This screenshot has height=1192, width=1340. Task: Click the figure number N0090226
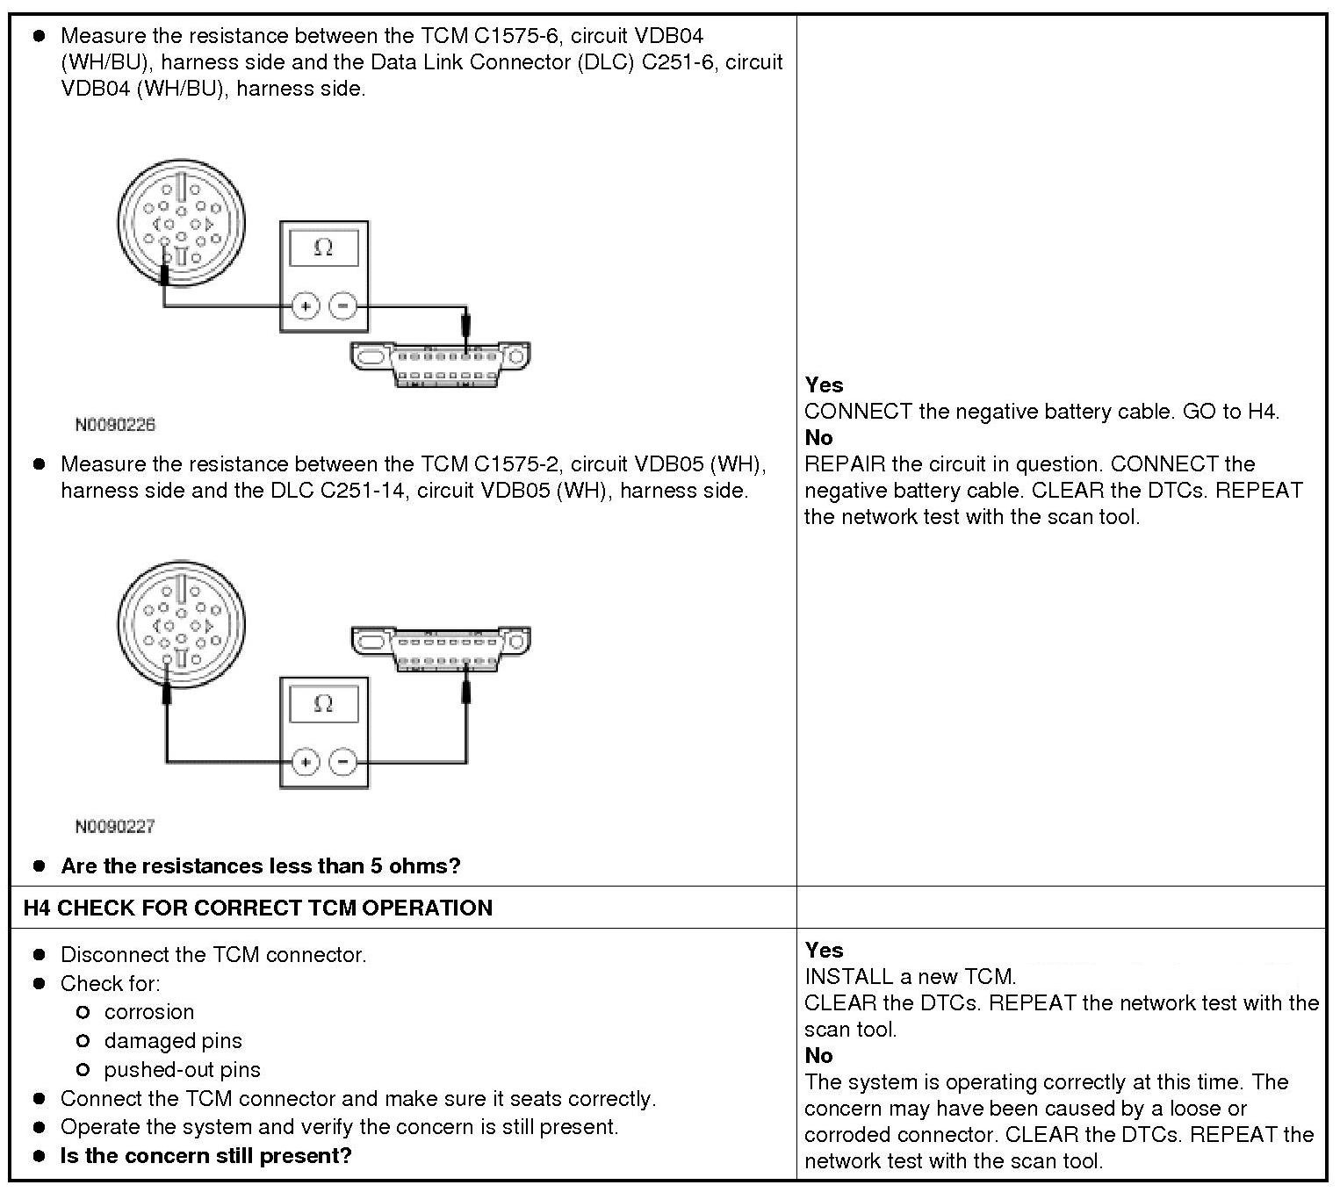coord(115,425)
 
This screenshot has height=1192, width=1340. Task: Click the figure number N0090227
coord(115,826)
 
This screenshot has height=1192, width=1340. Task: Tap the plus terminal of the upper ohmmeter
coord(305,306)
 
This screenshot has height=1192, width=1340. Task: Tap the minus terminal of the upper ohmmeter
coord(343,306)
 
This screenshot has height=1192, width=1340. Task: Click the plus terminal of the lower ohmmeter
coord(305,761)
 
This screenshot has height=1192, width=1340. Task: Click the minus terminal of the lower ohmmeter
coord(343,761)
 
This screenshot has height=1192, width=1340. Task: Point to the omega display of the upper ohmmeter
coord(323,248)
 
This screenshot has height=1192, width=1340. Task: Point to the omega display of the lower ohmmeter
coord(323,704)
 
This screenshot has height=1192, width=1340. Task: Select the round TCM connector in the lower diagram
coord(181,624)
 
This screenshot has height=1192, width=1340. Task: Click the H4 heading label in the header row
coord(39,908)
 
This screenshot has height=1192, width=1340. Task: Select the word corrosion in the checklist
coord(149,1012)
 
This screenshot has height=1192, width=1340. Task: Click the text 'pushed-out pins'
coord(183,1070)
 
